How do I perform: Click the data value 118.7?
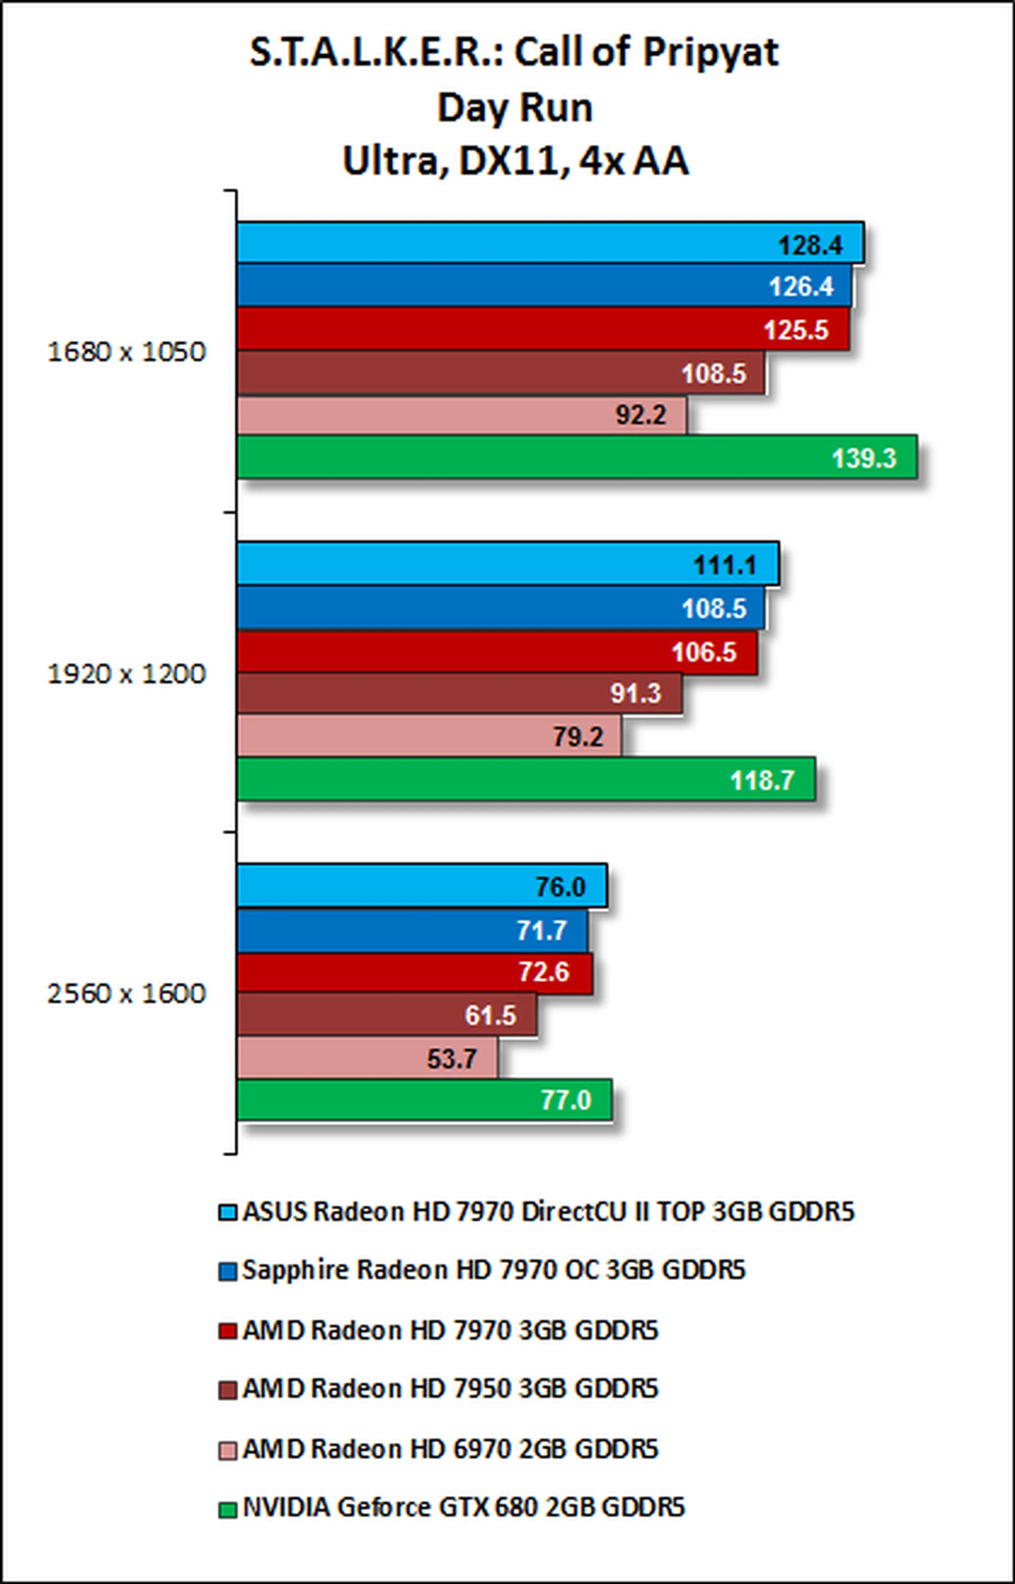point(762,780)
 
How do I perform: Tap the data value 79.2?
point(577,737)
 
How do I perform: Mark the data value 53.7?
point(451,1059)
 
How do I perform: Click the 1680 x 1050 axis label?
point(126,352)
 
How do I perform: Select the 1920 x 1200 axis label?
point(126,673)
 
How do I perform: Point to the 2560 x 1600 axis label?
point(126,994)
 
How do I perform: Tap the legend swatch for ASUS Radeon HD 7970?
point(227,1213)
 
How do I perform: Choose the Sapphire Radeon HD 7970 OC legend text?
point(494,1270)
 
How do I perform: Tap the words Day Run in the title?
point(515,107)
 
